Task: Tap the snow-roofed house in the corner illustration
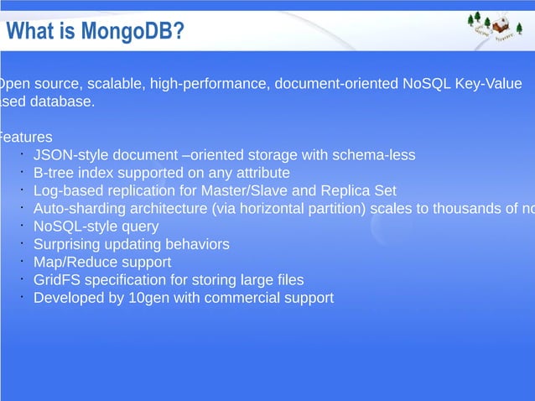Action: (x=501, y=26)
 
